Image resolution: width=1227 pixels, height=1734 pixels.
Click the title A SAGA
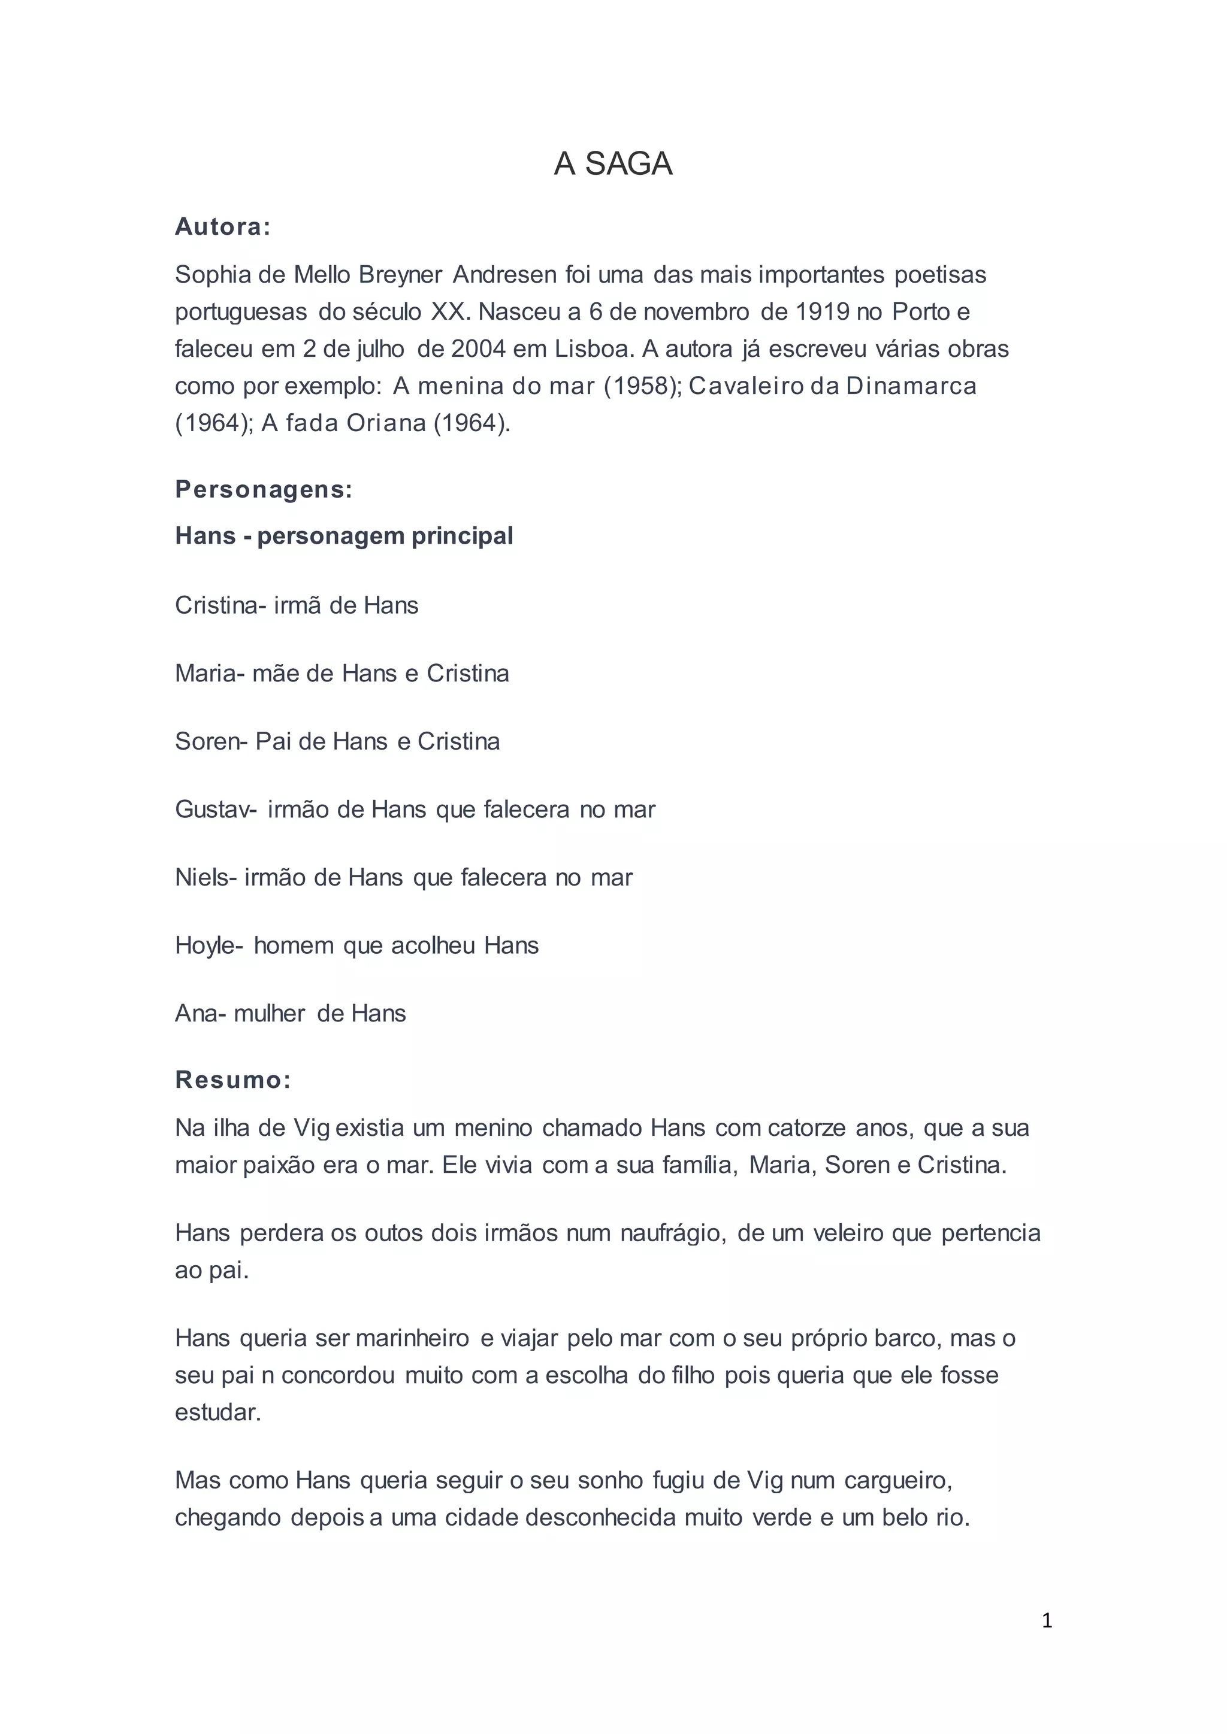coord(613,164)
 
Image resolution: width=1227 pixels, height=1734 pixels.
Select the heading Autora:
coord(222,226)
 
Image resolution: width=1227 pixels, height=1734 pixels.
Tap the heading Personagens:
coord(264,489)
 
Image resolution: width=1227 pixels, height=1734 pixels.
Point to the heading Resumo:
coord(232,1080)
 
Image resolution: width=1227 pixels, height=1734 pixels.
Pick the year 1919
coord(821,312)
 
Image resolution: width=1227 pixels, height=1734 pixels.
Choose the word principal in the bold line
coord(463,535)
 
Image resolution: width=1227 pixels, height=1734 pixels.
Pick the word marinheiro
coord(412,1338)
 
